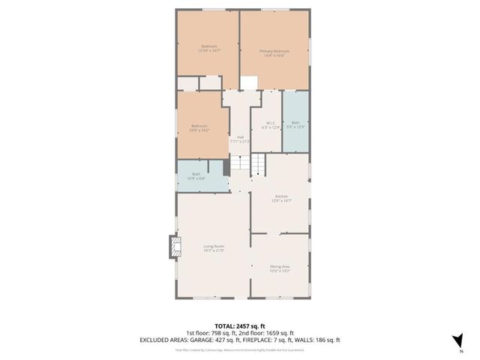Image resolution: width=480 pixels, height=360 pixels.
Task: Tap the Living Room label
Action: pos(214,247)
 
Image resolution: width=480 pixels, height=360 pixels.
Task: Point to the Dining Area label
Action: pos(279,268)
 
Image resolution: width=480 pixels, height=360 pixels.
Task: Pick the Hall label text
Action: pos(241,137)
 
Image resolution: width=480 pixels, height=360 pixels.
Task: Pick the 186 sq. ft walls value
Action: pos(329,340)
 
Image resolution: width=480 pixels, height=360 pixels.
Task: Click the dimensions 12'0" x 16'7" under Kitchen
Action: pos(281,201)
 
